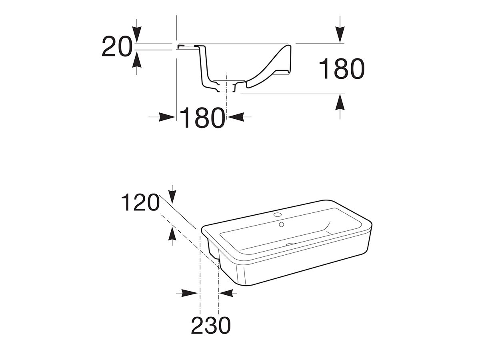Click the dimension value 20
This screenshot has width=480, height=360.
116,46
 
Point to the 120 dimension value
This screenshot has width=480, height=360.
140,203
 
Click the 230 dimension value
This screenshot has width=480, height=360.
211,325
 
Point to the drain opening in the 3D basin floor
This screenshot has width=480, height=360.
291,244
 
